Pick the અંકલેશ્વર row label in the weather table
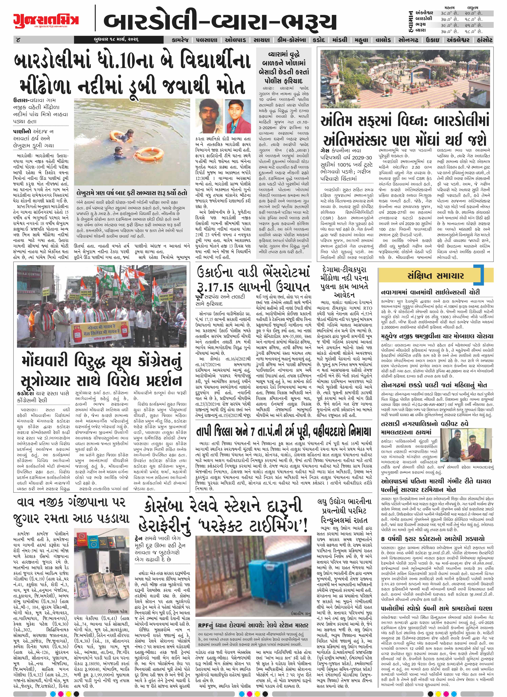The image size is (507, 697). point(424,13)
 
